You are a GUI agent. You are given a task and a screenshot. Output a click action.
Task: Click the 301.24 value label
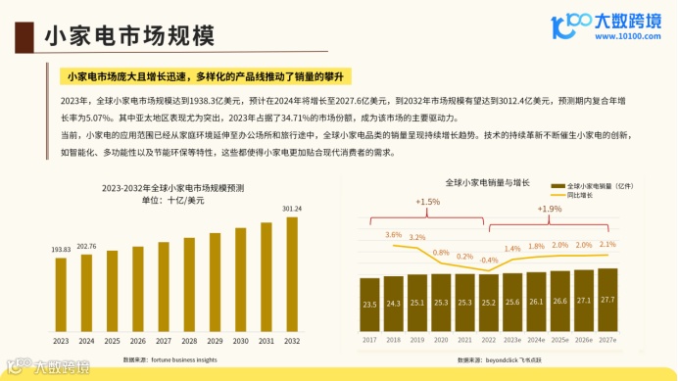(291, 209)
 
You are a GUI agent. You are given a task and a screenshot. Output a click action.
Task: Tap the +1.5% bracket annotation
(427, 202)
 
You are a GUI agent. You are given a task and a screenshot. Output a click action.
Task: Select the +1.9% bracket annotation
(550, 209)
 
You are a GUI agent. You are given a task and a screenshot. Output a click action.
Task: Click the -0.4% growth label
(487, 260)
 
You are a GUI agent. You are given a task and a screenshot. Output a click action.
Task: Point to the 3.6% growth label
(394, 234)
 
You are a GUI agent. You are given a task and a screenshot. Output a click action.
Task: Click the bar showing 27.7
(607, 300)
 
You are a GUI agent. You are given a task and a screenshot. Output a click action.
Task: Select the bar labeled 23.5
(369, 305)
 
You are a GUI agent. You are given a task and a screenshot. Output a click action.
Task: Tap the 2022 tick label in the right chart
(488, 340)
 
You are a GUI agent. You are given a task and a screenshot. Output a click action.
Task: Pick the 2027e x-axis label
(607, 340)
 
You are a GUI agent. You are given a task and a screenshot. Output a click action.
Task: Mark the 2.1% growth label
(607, 244)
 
